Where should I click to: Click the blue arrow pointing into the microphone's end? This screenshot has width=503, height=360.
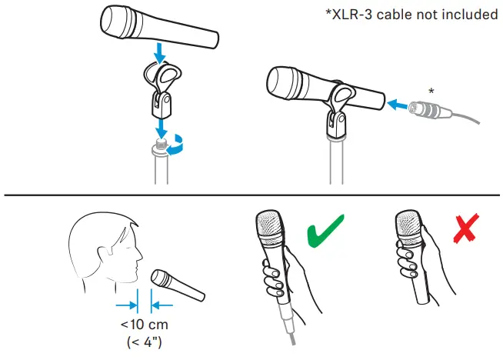coord(397,102)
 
